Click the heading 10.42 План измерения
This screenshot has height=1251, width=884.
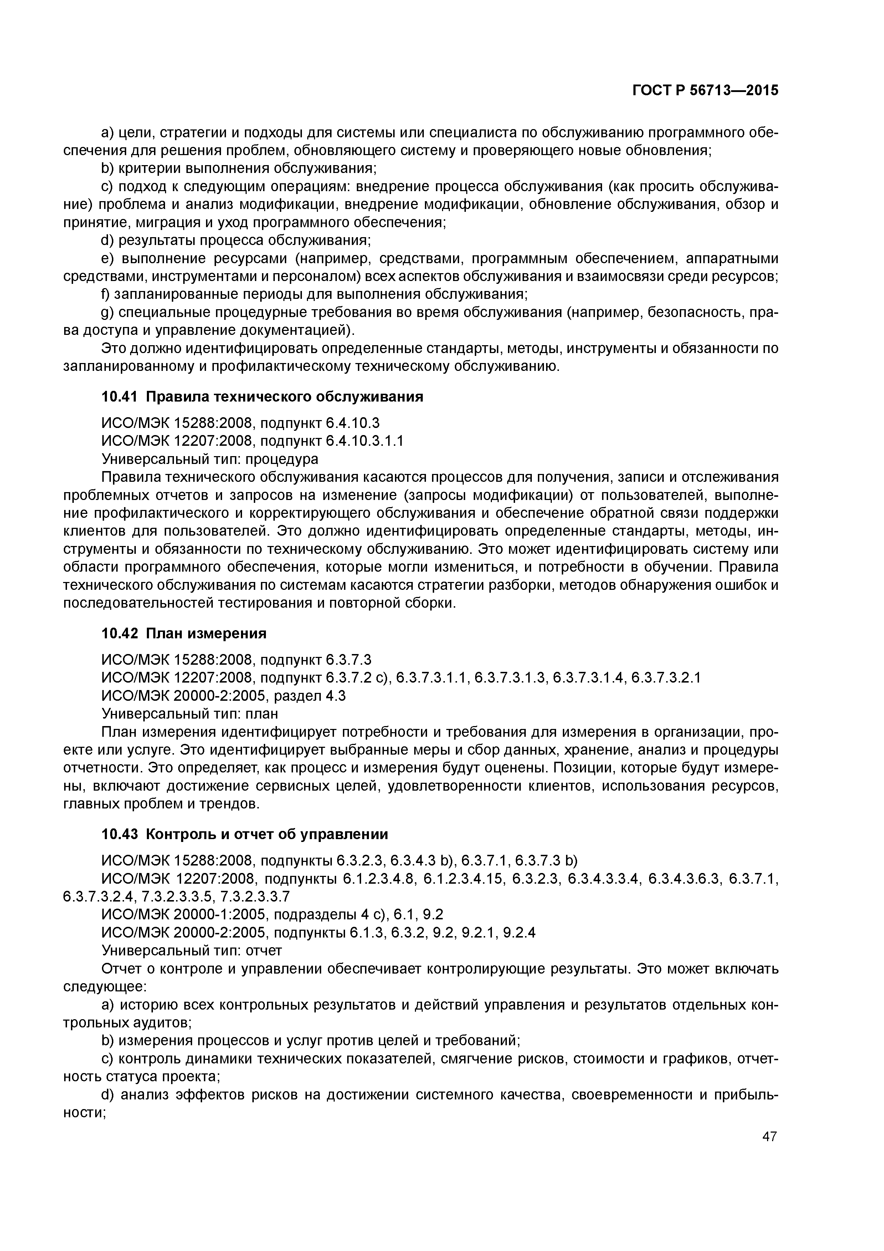tap(184, 634)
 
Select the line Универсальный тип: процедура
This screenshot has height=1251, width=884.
tap(210, 459)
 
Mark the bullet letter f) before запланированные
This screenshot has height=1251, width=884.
tap(106, 294)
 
